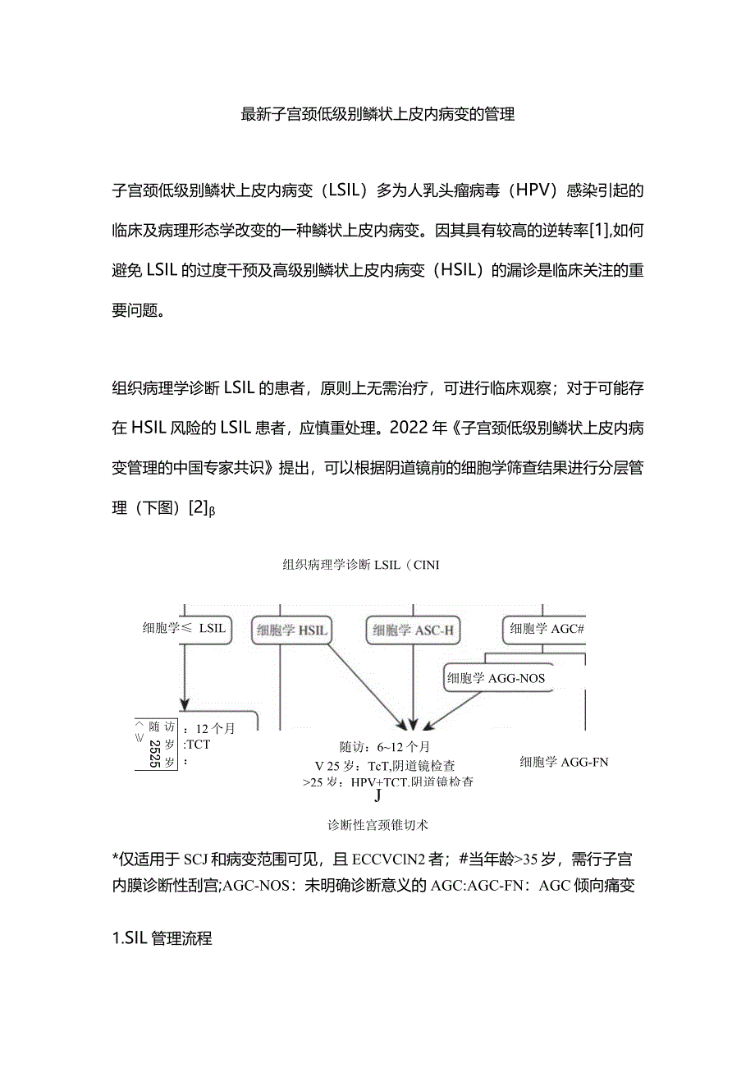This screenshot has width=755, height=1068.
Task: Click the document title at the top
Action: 377,115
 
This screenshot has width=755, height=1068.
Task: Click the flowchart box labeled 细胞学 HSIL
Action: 292,630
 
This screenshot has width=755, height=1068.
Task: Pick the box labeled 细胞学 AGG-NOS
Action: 496,678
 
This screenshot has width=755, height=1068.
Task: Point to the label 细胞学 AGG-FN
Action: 564,762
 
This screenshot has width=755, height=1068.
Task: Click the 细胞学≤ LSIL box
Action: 185,629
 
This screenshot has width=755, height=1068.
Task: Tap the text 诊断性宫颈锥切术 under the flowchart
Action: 377,823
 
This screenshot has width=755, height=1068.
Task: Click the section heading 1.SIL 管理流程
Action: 162,939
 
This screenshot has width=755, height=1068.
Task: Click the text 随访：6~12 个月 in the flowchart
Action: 385,747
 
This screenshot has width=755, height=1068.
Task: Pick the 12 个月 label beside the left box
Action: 213,729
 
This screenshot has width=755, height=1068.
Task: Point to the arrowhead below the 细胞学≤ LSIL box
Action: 185,704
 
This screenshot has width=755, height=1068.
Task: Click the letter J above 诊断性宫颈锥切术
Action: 378,795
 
